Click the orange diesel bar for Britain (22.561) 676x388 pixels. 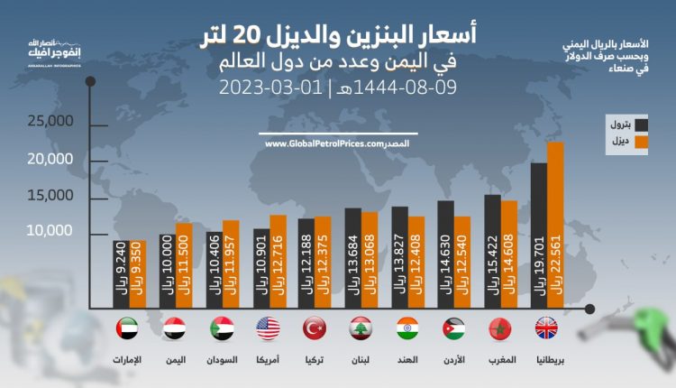click(555, 222)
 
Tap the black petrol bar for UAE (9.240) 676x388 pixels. click(121, 271)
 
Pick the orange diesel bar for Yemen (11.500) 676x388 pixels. click(184, 262)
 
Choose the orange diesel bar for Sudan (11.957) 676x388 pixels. click(231, 260)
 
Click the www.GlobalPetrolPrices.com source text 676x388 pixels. click(325, 144)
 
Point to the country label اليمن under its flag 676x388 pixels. click(175, 358)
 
